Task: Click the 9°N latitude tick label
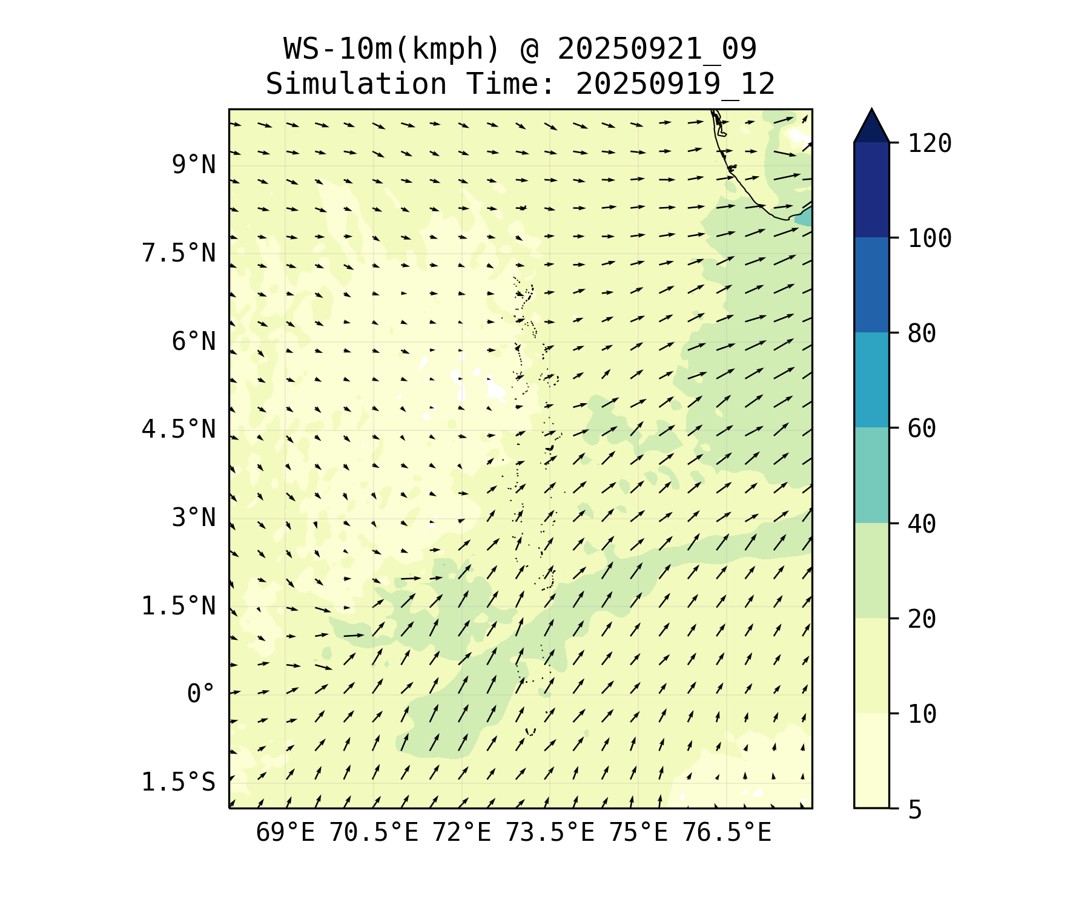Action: (x=194, y=165)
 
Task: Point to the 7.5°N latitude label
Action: (x=179, y=253)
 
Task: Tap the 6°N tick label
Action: (x=194, y=341)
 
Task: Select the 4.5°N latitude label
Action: (x=179, y=429)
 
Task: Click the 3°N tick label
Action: (x=194, y=518)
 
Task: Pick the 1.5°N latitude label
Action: (x=179, y=606)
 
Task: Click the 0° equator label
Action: (x=201, y=694)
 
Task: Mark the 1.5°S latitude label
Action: (x=179, y=782)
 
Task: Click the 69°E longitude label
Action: (x=285, y=833)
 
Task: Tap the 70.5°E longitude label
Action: (x=374, y=833)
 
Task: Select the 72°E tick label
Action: (x=461, y=833)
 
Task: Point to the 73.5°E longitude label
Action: (x=550, y=833)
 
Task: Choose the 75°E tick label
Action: (x=638, y=833)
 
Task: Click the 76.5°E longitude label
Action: (x=727, y=833)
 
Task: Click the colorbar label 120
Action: (x=930, y=144)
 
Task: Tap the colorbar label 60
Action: (x=922, y=429)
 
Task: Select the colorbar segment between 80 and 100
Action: (x=871, y=285)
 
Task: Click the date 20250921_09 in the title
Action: (x=657, y=49)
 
